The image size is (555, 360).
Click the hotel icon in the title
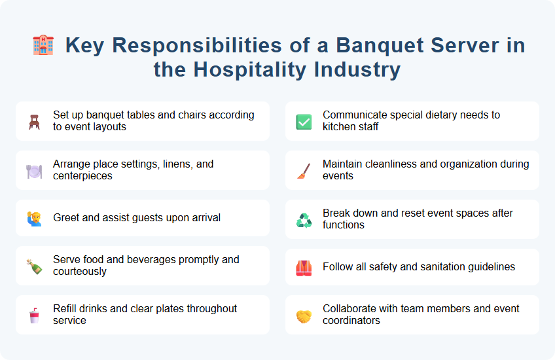(x=43, y=45)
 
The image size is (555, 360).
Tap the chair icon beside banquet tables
(x=35, y=121)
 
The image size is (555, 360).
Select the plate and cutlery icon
(x=35, y=171)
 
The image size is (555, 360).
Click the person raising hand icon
(x=35, y=219)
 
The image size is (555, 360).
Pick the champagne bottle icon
(x=35, y=266)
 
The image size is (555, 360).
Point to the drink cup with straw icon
(x=35, y=315)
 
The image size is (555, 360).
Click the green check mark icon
(x=304, y=121)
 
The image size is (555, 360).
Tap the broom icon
(x=304, y=171)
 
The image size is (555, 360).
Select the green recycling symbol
(x=304, y=220)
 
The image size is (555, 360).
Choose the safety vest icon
(x=304, y=268)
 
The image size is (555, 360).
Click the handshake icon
(x=304, y=315)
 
